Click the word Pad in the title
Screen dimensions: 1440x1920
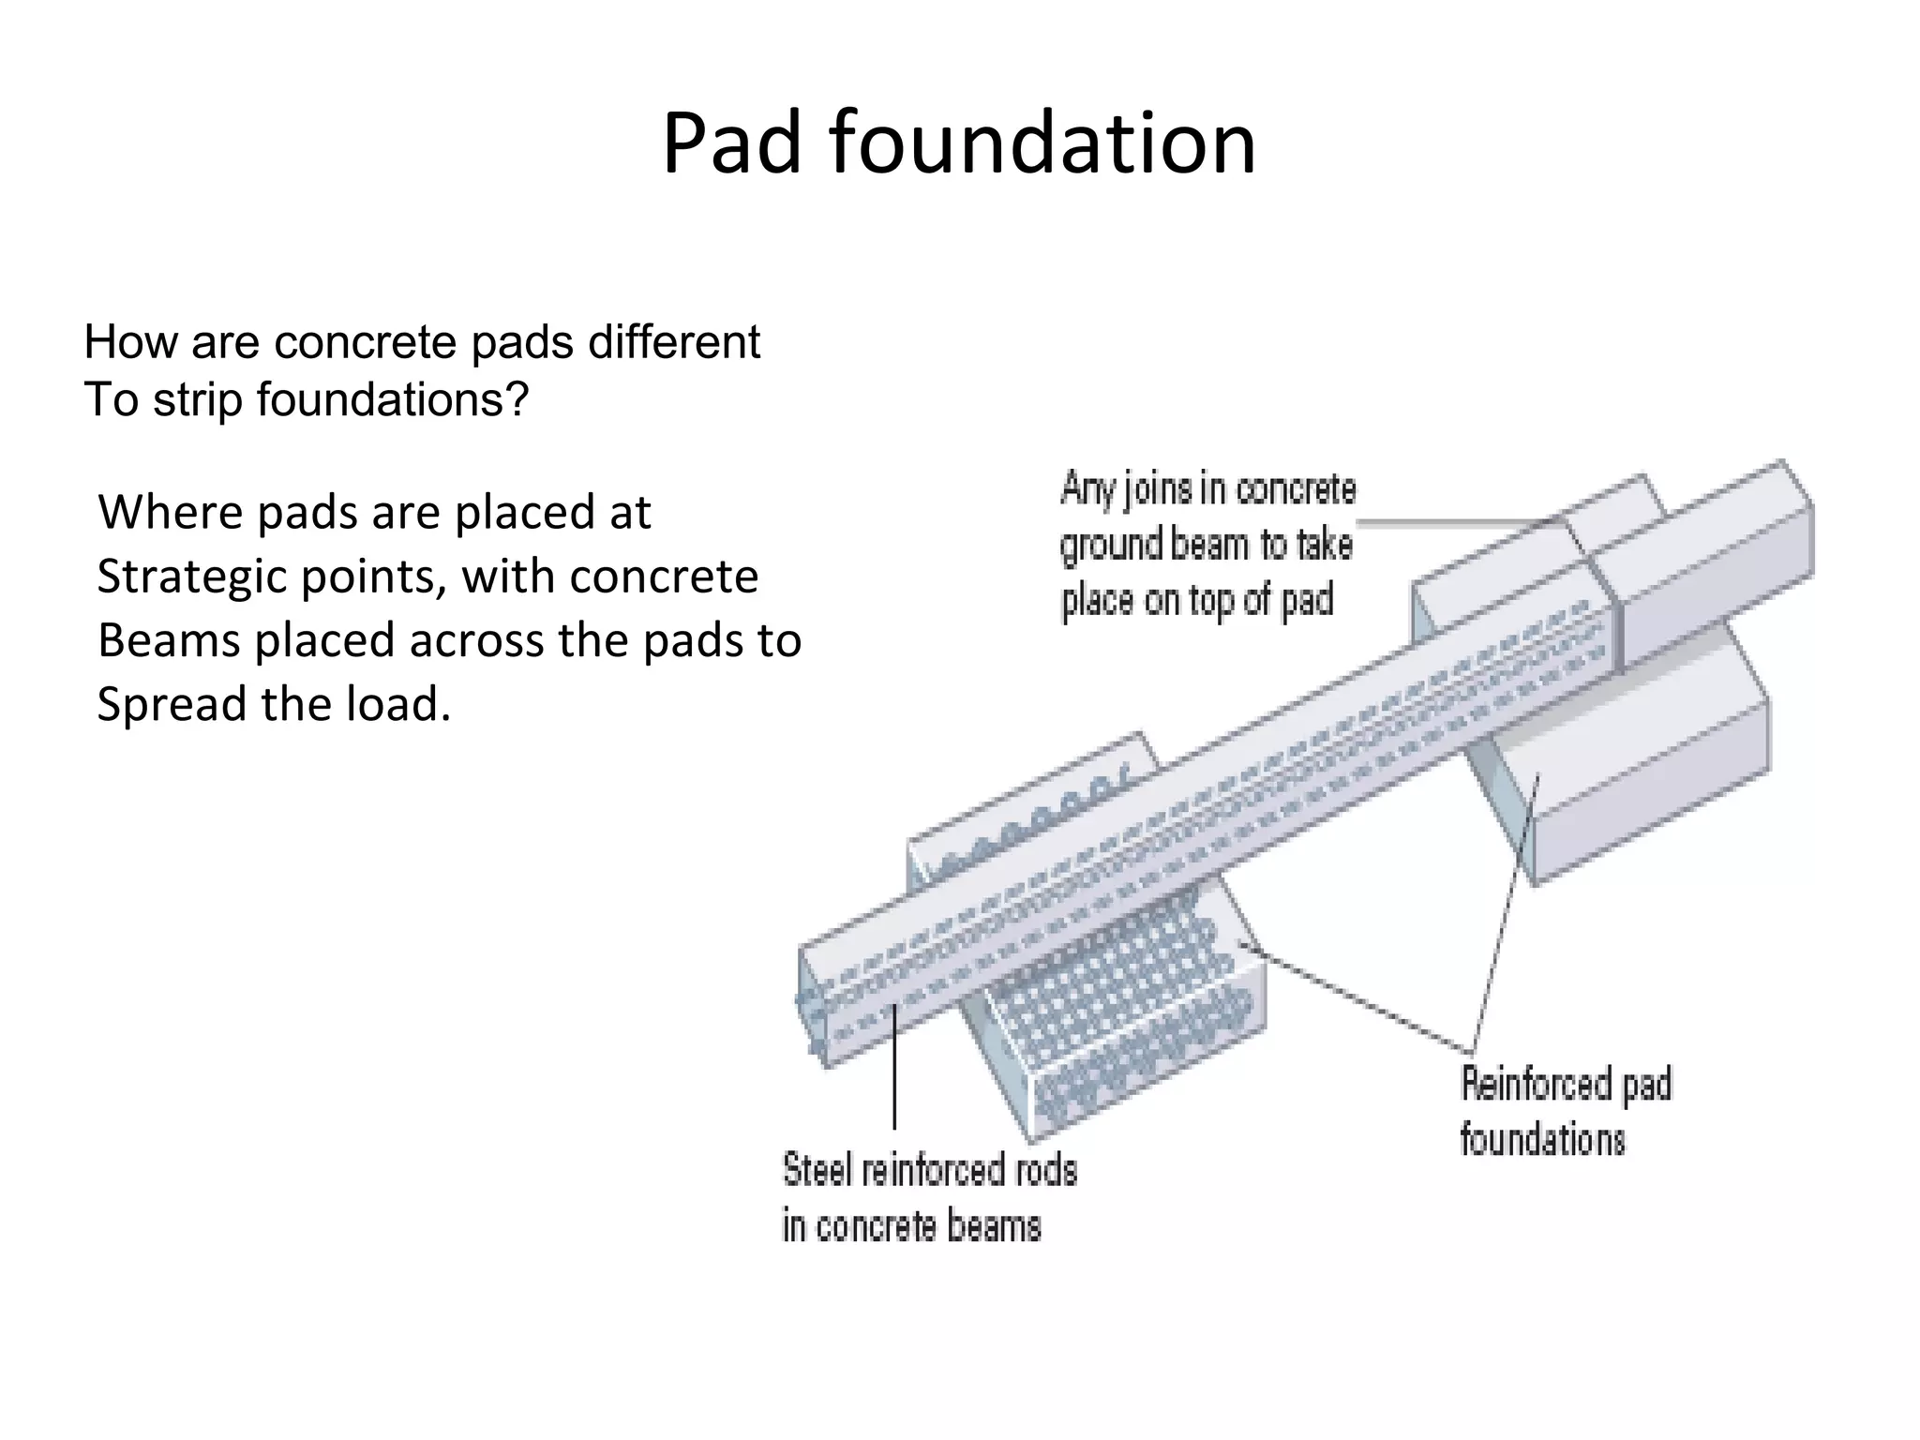731,143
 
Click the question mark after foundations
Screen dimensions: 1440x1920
519,399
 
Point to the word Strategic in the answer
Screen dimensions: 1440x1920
193,577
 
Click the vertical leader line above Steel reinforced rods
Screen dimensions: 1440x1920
894,1069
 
